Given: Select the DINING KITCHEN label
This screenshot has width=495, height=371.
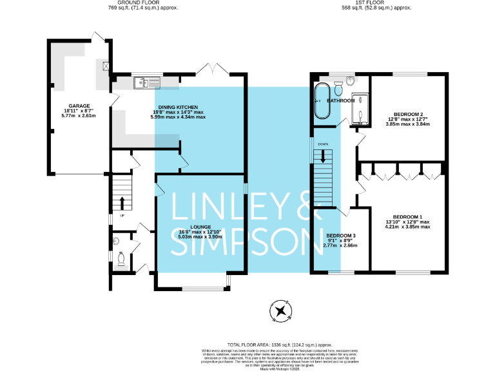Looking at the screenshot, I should click(x=178, y=107).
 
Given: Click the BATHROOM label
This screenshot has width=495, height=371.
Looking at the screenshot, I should click(x=340, y=101).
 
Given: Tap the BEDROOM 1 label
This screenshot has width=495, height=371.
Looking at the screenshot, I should click(x=407, y=216).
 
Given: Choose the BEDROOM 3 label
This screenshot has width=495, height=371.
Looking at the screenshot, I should click(x=340, y=236).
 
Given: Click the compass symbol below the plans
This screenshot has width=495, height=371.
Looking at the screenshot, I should click(x=281, y=312).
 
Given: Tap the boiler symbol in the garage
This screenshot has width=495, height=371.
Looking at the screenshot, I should click(x=106, y=66).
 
